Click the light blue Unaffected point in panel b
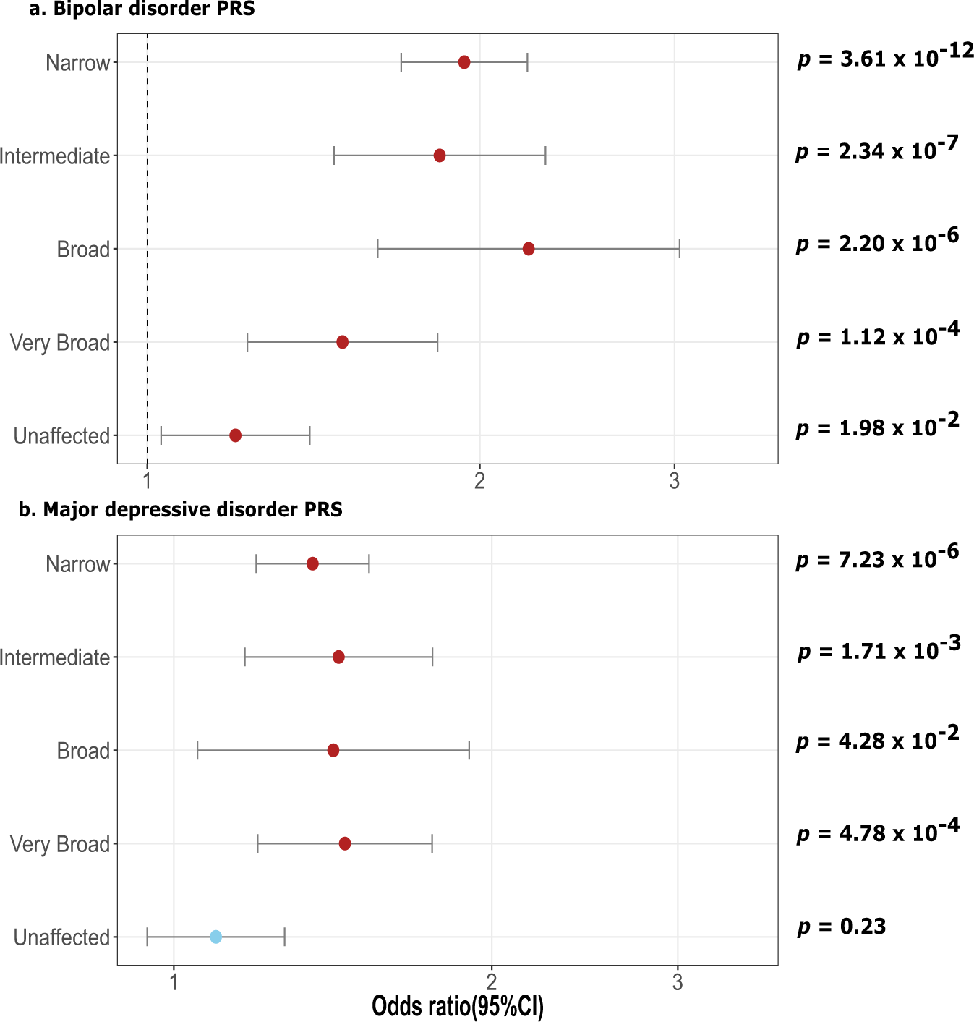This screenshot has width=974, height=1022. click(215, 937)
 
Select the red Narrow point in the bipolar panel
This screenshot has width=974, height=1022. click(464, 62)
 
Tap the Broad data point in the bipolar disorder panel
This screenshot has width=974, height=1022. click(529, 249)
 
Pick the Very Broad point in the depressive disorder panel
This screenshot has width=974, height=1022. click(345, 843)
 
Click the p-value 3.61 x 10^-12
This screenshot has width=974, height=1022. click(885, 56)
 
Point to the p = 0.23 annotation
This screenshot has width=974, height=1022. click(841, 927)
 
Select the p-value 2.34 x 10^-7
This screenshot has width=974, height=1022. click(876, 149)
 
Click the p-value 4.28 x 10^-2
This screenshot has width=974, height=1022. click(877, 739)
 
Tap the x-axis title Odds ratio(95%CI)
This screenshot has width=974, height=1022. click(457, 1006)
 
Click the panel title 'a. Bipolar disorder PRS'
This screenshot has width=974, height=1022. click(142, 9)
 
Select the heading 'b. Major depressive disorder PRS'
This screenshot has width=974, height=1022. click(180, 510)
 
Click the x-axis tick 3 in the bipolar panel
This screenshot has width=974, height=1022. click(675, 481)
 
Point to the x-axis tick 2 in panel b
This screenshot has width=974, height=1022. click(492, 982)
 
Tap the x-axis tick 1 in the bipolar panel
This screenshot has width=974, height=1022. click(147, 481)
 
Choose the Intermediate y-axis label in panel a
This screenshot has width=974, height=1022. click(55, 156)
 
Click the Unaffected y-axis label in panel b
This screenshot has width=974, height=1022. click(61, 937)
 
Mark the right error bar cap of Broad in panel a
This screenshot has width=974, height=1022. click(680, 249)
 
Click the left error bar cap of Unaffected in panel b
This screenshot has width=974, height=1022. click(148, 937)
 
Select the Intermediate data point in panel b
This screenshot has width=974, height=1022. click(338, 657)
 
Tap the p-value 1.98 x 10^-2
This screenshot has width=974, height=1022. click(877, 426)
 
